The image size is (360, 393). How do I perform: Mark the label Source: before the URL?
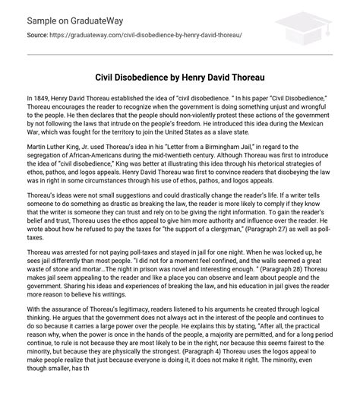coord(38,35)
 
